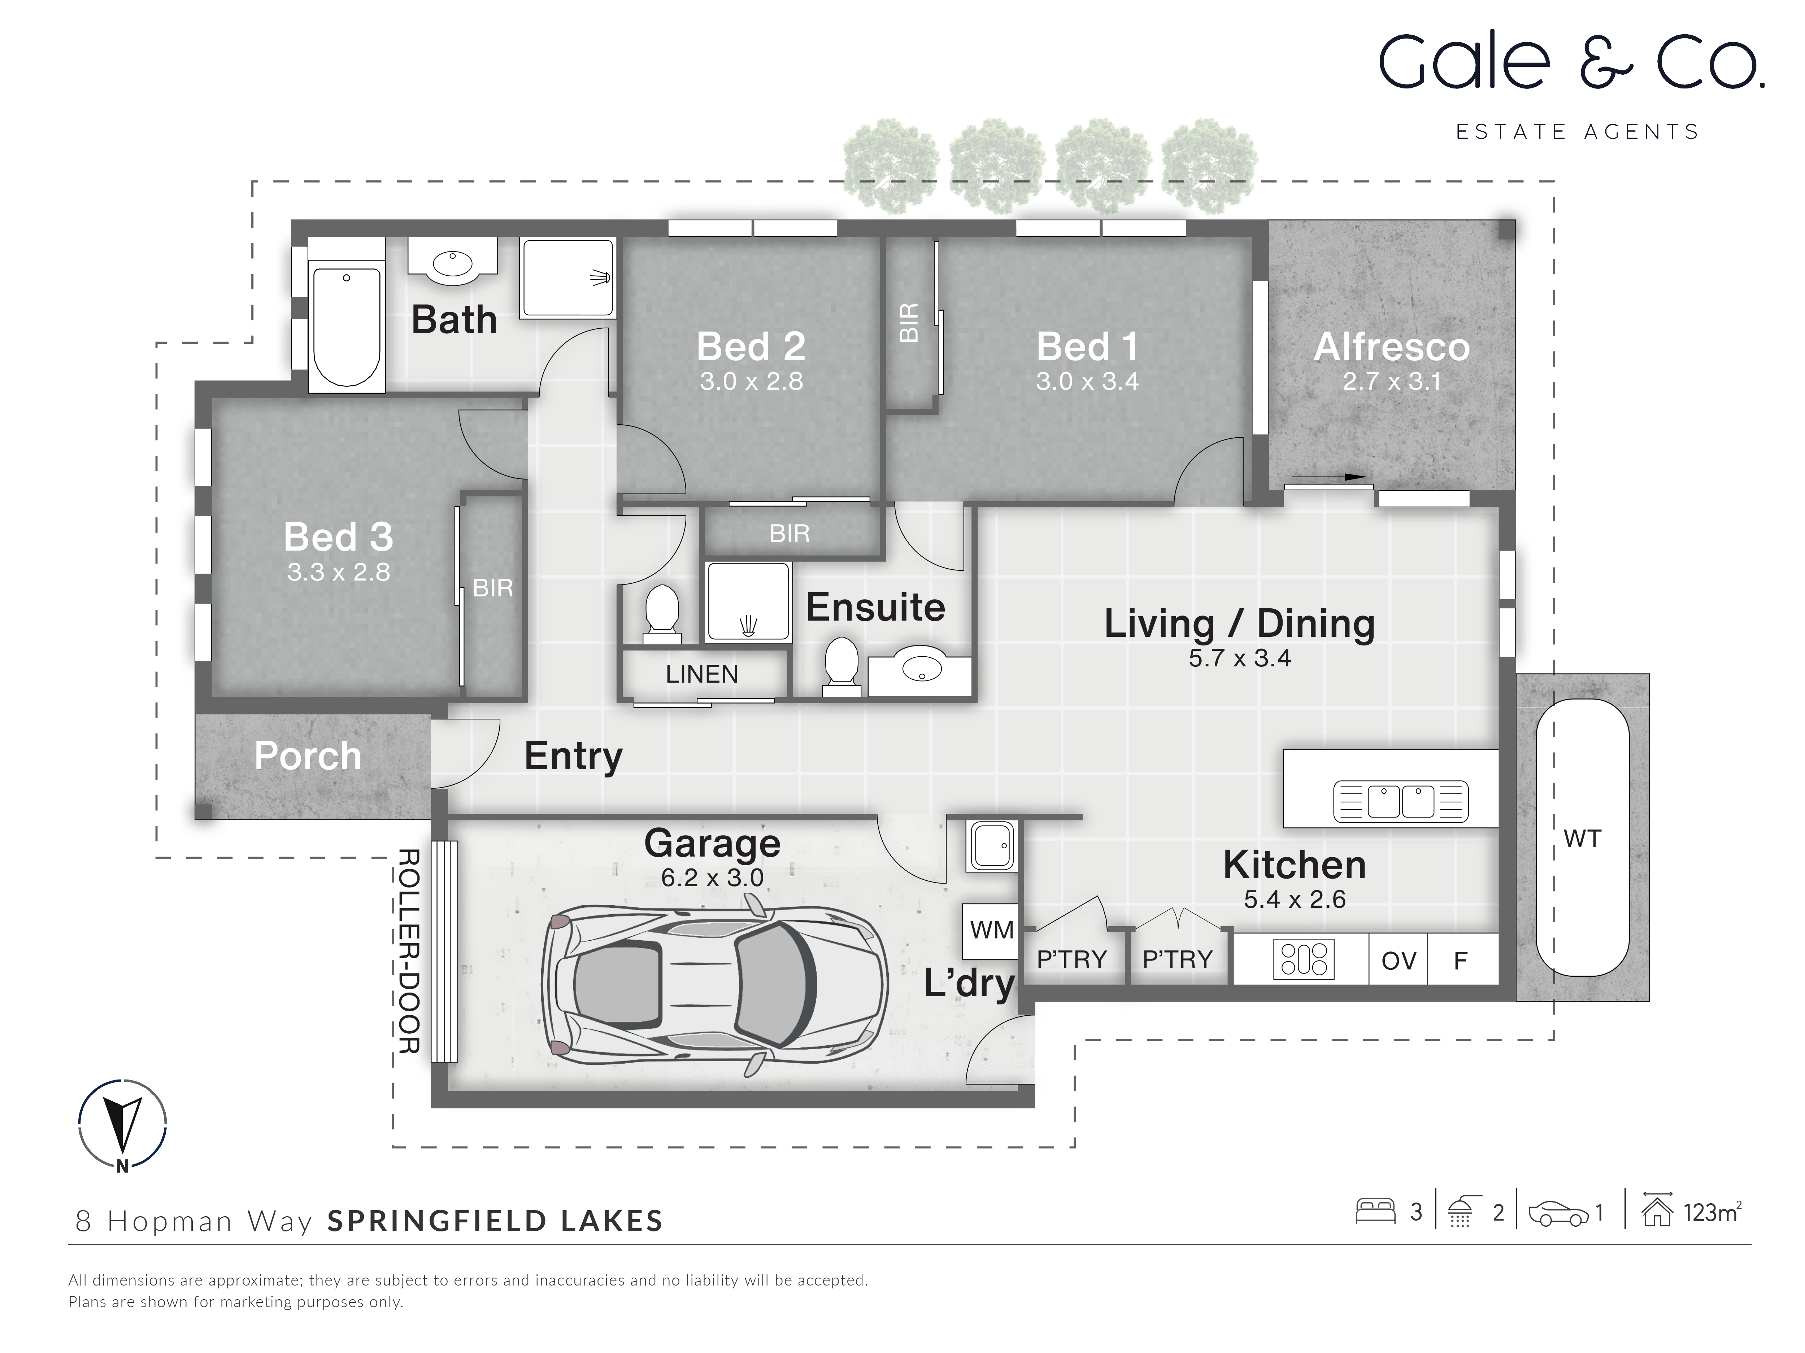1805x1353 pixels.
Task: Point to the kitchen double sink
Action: pyautogui.click(x=1400, y=801)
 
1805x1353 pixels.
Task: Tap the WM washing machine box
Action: pyautogui.click(x=991, y=930)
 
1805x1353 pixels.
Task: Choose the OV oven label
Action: pyautogui.click(x=1399, y=961)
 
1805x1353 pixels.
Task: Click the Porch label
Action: pyautogui.click(x=308, y=756)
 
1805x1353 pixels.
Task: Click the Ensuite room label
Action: pyautogui.click(x=875, y=608)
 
